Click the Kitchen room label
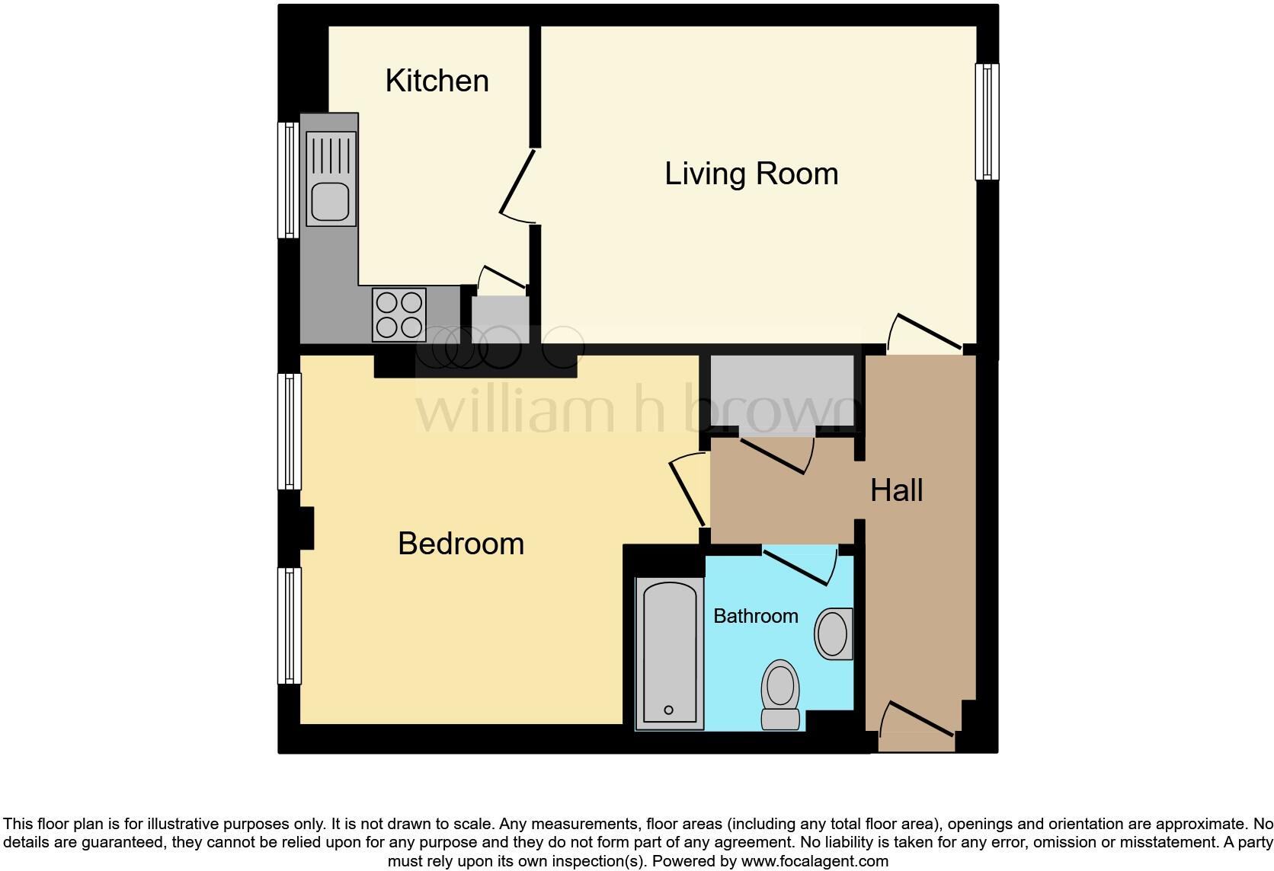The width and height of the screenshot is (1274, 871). (x=437, y=81)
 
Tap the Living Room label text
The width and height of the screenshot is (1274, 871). (x=751, y=174)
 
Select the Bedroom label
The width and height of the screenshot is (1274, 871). (x=461, y=544)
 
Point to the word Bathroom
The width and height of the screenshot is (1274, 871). (x=755, y=616)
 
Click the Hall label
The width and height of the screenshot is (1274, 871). (x=896, y=490)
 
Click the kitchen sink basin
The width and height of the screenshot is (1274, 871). (x=330, y=203)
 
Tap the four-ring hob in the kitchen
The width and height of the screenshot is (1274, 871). (x=399, y=314)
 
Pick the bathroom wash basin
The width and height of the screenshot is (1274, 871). (x=833, y=633)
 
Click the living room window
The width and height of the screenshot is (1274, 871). (x=987, y=122)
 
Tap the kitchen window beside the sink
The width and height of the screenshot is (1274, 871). (x=289, y=180)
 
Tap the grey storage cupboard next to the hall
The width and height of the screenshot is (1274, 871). (x=781, y=394)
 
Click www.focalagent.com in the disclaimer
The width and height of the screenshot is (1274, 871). (x=814, y=862)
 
